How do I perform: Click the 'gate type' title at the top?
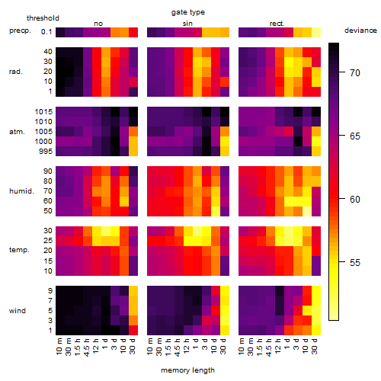pyautogui.click(x=188, y=12)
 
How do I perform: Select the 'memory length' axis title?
pyautogui.click(x=187, y=370)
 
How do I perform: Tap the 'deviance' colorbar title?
pyautogui.click(x=360, y=30)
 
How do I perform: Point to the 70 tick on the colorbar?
pyautogui.click(x=342, y=72)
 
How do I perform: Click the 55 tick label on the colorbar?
pyautogui.click(x=355, y=262)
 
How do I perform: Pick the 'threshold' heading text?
pyautogui.click(x=43, y=18)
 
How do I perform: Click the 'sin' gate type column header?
pyautogui.click(x=187, y=24)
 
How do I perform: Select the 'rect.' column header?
pyautogui.click(x=277, y=24)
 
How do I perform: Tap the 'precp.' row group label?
pyautogui.click(x=20, y=30)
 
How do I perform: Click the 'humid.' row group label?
pyautogui.click(x=21, y=191)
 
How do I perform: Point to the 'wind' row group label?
pyautogui.click(x=18, y=311)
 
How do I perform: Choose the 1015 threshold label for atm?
pyautogui.click(x=43, y=112)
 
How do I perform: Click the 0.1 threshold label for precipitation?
pyautogui.click(x=46, y=32)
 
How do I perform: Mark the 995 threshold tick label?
pyautogui.click(x=46, y=152)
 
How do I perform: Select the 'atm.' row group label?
pyautogui.click(x=17, y=132)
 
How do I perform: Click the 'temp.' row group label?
pyautogui.click(x=19, y=250)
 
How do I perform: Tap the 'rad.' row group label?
pyautogui.click(x=16, y=72)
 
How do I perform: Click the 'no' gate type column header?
pyautogui.click(x=98, y=24)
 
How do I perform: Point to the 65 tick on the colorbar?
pyautogui.click(x=342, y=136)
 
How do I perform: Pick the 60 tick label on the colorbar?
pyautogui.click(x=355, y=200)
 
